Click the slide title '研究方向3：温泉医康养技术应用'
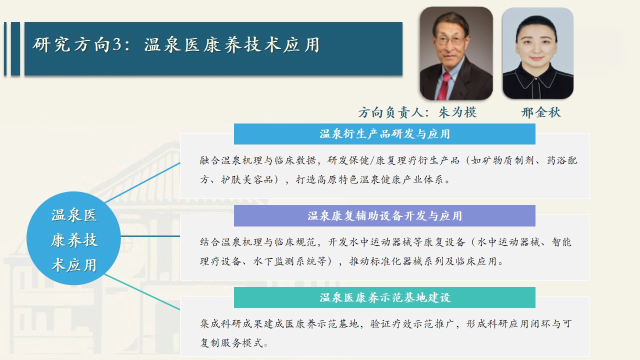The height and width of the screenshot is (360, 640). tap(175, 45)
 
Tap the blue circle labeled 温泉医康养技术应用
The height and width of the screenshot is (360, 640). tap(73, 238)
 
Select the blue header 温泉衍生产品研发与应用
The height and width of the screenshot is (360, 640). tap(384, 134)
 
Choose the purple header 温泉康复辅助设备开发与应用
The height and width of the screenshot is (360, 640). tap(384, 215)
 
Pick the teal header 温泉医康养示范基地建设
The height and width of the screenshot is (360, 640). tap(384, 297)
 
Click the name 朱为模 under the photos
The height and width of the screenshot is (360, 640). tap(457, 112)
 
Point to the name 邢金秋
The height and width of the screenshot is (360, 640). tap(541, 112)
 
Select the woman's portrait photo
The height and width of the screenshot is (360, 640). tap(537, 53)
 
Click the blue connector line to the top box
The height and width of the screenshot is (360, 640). tap(142, 183)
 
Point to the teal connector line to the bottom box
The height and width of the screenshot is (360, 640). tap(142, 291)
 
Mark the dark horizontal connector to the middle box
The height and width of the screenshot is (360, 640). tap(150, 236)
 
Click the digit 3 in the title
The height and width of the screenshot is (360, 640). tap(117, 45)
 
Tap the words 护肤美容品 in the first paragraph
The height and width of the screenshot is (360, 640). tap(247, 179)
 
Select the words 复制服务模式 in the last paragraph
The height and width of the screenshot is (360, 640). tap(231, 342)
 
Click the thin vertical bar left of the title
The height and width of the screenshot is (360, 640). tap(5, 49)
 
